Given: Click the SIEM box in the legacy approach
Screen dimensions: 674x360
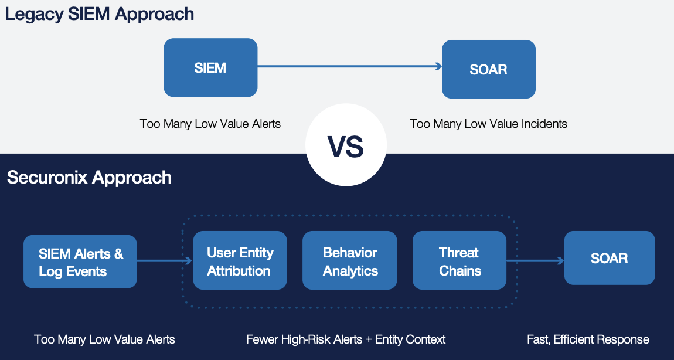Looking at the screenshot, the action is (210, 67).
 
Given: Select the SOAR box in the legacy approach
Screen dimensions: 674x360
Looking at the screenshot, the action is (489, 69).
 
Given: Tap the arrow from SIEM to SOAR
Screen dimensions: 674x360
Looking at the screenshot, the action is (349, 66).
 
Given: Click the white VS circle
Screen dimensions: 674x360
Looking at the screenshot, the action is (346, 145).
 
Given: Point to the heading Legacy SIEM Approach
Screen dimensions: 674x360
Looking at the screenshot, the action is (99, 14).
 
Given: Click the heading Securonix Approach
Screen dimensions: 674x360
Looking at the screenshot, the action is (90, 177).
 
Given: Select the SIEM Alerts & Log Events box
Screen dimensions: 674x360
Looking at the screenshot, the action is (80, 261).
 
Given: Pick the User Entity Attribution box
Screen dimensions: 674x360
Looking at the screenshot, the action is (240, 260).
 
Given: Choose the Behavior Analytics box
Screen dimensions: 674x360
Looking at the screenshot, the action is (350, 260).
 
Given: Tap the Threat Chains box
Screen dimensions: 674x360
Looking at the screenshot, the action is (459, 260).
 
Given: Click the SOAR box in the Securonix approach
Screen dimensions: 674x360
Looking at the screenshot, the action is (610, 258).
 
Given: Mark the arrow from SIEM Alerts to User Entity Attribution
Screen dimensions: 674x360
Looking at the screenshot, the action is (165, 261).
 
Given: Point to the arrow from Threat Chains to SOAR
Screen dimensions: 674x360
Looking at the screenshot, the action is (536, 261).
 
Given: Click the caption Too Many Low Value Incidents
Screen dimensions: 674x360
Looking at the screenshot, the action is (488, 124).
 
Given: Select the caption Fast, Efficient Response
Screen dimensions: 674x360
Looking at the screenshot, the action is (588, 339).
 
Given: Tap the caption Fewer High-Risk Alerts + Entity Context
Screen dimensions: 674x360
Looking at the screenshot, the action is (346, 339).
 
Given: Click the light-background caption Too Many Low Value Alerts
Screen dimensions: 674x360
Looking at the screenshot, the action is (210, 124).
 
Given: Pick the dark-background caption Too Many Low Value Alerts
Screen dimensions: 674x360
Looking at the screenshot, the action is (104, 339).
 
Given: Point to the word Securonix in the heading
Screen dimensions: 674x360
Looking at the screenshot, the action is (47, 177).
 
